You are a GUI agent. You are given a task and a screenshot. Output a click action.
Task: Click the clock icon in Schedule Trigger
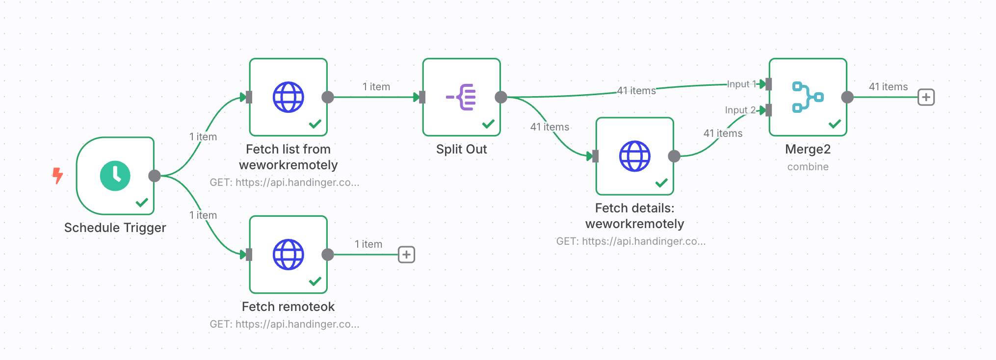click(x=115, y=176)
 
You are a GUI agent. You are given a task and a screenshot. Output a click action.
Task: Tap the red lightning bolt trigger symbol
click(x=58, y=175)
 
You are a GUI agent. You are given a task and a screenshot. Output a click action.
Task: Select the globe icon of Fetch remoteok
click(x=288, y=255)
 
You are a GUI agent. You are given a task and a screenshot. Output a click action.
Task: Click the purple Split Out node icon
click(x=462, y=97)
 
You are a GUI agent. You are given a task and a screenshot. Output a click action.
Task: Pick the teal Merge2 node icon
click(x=808, y=97)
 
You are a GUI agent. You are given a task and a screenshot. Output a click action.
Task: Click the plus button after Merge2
click(x=926, y=97)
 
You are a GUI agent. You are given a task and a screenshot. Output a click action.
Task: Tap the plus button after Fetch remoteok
click(x=406, y=255)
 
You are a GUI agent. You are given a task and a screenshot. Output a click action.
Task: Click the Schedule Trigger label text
click(x=115, y=228)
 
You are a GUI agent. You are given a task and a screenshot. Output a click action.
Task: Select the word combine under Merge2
click(x=808, y=167)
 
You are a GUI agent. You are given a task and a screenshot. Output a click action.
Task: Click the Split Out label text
click(x=461, y=149)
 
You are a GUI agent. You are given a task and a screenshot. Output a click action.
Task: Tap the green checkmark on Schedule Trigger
click(x=142, y=202)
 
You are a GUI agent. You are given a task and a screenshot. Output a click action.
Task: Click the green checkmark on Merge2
click(x=835, y=124)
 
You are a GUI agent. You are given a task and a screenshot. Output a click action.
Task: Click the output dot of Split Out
click(x=501, y=97)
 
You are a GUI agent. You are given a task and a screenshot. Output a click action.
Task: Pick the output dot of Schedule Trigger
click(x=155, y=176)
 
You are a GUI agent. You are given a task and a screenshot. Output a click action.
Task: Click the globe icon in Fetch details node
click(x=635, y=156)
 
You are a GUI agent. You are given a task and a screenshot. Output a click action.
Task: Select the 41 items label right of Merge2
click(x=888, y=87)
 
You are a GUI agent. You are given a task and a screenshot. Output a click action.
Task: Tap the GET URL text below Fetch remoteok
click(x=285, y=324)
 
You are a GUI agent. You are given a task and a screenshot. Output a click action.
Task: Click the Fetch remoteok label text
click(x=288, y=307)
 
